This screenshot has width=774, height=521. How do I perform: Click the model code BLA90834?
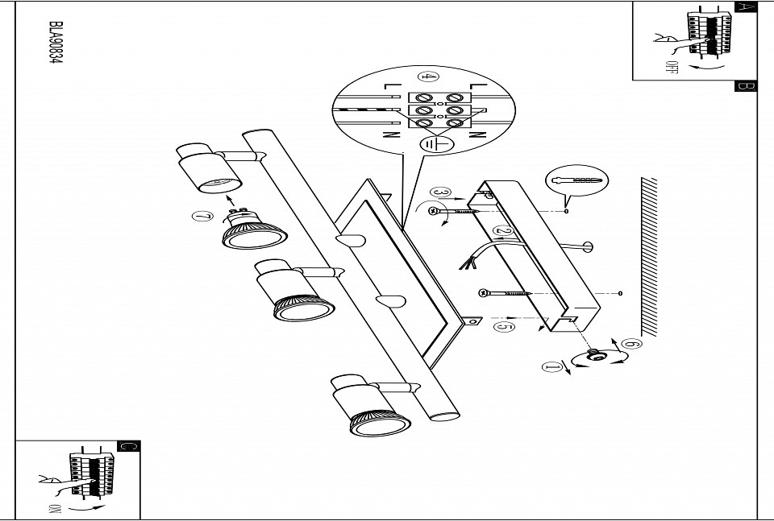click(56, 43)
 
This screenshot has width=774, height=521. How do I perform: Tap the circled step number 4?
click(427, 76)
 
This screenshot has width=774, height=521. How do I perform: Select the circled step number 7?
click(202, 217)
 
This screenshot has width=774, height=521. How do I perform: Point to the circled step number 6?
click(631, 344)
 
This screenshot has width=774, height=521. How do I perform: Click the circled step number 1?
click(551, 367)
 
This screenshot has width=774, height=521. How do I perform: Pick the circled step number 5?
click(504, 326)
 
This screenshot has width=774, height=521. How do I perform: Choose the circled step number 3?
click(440, 192)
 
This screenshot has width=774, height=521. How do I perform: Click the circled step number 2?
click(503, 230)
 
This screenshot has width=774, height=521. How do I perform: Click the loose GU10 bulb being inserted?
click(252, 229)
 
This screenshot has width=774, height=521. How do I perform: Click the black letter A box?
click(746, 7)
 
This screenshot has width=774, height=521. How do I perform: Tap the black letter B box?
click(746, 86)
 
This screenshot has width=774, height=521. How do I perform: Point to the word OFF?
click(670, 67)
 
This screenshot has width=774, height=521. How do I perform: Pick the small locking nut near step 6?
click(595, 355)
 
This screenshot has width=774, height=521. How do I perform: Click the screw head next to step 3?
click(433, 211)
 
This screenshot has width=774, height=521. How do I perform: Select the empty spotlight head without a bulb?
click(210, 167)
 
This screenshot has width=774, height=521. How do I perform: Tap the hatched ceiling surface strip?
click(649, 256)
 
